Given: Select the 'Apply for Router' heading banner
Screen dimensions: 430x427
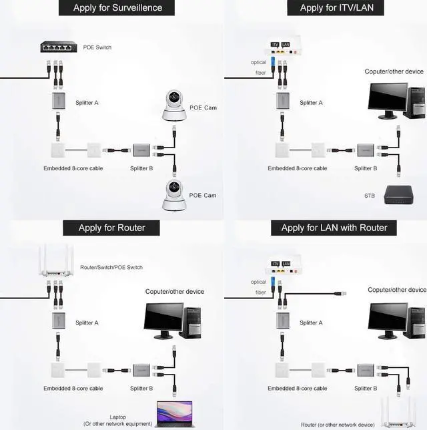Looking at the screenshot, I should [111, 228].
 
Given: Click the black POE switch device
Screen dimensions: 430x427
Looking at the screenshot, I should [59, 47].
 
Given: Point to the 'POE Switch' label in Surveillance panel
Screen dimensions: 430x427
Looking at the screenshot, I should [97, 47].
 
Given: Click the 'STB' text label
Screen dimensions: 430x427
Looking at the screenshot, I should [369, 196].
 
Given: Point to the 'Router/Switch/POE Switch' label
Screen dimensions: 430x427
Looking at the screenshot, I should [111, 268].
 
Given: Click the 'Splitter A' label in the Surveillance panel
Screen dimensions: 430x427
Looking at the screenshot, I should [87, 103].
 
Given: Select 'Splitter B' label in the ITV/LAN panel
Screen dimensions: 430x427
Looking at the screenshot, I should [366, 168].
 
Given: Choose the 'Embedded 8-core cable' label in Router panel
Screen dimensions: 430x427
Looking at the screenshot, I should [73, 388].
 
